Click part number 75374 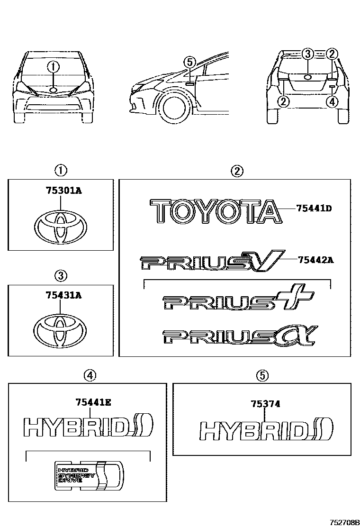pyautogui.click(x=265, y=404)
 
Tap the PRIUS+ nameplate pyautogui.click(x=232, y=301)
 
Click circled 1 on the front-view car pyautogui.click(x=54, y=67)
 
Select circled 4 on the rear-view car pyautogui.click(x=332, y=101)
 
